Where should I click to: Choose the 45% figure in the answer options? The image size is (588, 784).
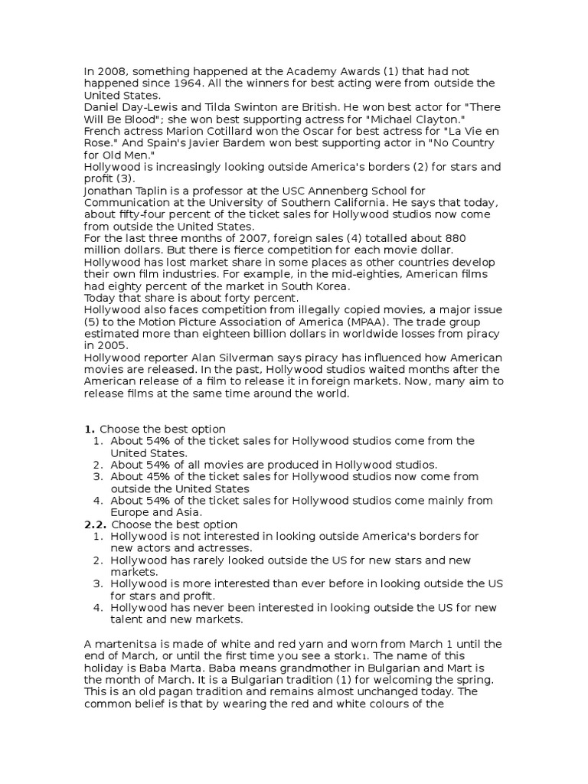(159, 477)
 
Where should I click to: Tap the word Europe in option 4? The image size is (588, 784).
(129, 512)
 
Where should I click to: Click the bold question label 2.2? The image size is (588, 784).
(95, 524)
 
